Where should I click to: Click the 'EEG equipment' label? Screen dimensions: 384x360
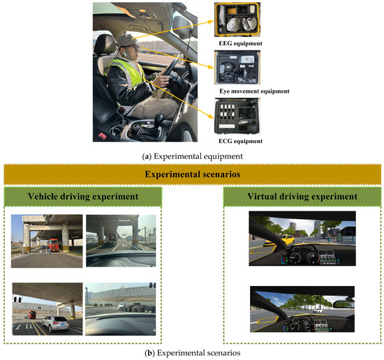click(240, 43)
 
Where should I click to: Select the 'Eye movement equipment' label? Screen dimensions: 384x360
click(254, 91)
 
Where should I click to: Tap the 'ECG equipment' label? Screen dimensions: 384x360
click(240, 141)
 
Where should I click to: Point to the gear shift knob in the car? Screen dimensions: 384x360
click(159, 119)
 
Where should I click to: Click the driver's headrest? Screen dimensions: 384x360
click(105, 44)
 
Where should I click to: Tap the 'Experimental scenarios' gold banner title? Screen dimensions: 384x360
click(193, 174)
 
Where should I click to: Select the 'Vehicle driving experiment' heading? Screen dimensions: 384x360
click(83, 196)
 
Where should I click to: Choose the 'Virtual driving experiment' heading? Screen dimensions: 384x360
click(302, 196)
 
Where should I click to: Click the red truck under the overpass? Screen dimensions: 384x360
click(53, 245)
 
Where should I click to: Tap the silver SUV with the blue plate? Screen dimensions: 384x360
click(56, 324)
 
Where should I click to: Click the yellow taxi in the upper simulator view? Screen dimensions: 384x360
click(281, 240)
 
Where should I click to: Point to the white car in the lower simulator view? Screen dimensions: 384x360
click(318, 310)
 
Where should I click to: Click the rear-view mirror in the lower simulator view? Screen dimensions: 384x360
click(344, 304)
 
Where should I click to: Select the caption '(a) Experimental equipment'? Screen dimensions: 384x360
click(193, 156)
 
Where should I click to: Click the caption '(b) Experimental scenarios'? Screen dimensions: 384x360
click(193, 353)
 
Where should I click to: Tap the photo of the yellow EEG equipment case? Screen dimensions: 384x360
click(237, 20)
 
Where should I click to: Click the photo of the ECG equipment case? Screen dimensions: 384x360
click(237, 116)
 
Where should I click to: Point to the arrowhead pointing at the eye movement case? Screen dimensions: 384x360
click(211, 66)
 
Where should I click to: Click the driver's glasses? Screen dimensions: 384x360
click(134, 47)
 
